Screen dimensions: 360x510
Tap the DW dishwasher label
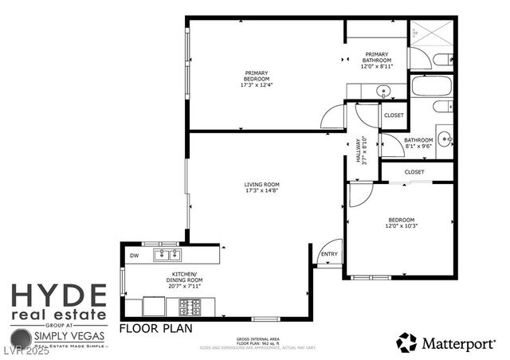[x=133, y=255]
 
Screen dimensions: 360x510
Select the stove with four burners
[x=190, y=305]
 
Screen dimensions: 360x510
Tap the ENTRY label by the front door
[x=329, y=255]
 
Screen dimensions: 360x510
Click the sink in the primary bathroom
[x=383, y=92]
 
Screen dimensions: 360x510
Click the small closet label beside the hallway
[x=394, y=115]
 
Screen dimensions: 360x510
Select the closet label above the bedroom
[x=414, y=171]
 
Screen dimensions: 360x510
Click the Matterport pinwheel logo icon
[x=406, y=342]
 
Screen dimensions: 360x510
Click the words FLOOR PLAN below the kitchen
[x=155, y=327]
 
